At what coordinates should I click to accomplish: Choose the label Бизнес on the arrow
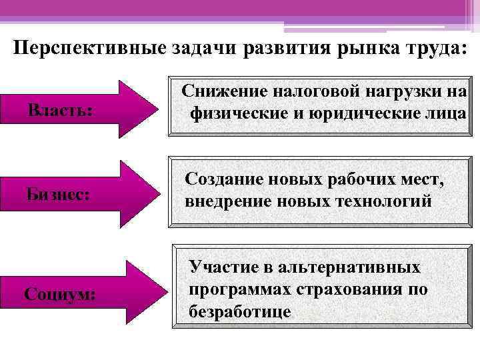(59, 195)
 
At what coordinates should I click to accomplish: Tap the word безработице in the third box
(241, 312)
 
